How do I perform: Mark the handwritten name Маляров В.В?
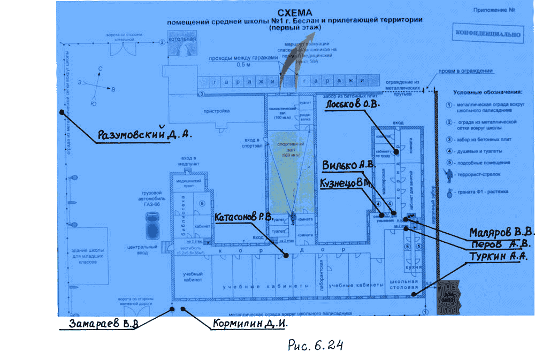(501, 233)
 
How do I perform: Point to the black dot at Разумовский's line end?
(62, 112)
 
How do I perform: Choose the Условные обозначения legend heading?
(483, 93)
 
